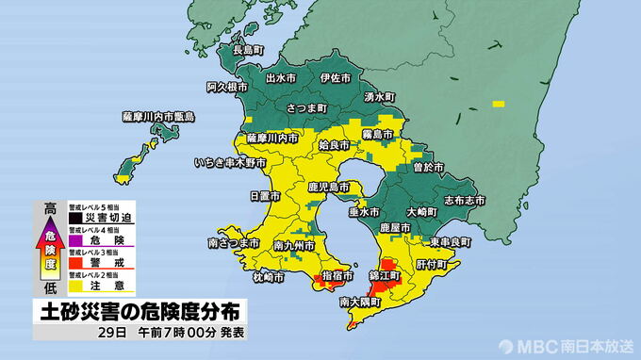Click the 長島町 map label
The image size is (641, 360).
[x=249, y=49]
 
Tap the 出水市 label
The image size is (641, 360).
[x=284, y=78]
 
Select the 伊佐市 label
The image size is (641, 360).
[x=336, y=78]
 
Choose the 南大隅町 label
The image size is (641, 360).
[x=360, y=303]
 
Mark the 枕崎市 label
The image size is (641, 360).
[x=270, y=277]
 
